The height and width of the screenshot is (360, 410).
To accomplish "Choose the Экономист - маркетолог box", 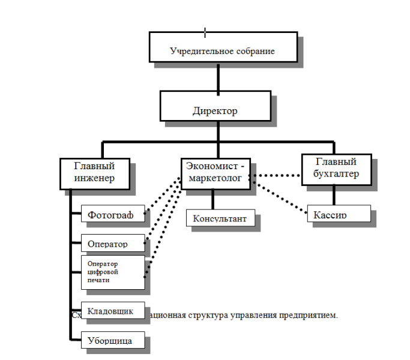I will tap(214, 173).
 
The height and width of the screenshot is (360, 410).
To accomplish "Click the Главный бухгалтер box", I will tap(336, 169).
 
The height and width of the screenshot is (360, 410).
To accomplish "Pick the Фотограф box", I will tap(113, 214).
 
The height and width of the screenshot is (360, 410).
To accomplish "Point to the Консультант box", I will tap(220, 218).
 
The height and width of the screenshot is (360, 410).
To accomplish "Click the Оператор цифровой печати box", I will tap(113, 272).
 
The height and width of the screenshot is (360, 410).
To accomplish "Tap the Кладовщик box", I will tap(113, 311).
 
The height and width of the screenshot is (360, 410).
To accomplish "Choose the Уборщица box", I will tap(113, 340).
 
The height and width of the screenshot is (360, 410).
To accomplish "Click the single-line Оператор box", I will tap(113, 244).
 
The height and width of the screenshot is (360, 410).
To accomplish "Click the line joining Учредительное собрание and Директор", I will tap(217, 76).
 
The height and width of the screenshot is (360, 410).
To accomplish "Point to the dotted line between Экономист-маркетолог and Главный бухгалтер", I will tap(277, 176).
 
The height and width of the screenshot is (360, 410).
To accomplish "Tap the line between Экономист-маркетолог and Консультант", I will tap(213, 199).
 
